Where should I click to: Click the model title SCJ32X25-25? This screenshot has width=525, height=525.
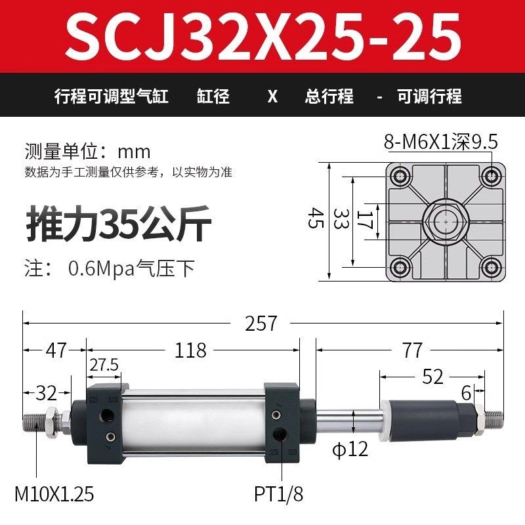click(262, 37)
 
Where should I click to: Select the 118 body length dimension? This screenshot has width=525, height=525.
click(192, 350)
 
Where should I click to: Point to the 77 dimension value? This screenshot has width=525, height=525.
click(412, 350)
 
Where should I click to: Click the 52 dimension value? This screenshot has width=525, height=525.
click(433, 377)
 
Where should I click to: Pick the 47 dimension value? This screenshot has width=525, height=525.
click(56, 350)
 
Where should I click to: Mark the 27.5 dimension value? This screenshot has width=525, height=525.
click(104, 365)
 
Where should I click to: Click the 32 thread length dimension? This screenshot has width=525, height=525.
click(46, 394)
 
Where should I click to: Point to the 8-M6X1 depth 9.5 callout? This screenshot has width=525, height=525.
click(441, 142)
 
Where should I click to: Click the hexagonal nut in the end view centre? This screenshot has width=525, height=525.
click(446, 221)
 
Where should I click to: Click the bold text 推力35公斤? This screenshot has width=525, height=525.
click(118, 226)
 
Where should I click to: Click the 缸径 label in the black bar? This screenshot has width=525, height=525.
click(213, 96)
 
